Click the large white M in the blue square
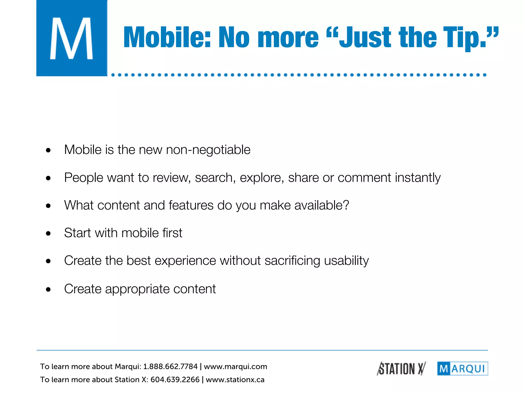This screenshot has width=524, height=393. click(71, 38)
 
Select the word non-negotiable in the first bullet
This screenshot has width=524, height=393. click(208, 150)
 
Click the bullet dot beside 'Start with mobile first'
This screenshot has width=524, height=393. click(48, 233)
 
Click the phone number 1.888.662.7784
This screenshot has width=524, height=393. click(170, 367)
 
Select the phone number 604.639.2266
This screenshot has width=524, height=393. click(175, 380)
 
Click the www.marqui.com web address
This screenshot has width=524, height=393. click(235, 367)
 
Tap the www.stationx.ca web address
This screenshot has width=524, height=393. click(235, 380)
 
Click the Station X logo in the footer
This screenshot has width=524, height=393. click(401, 369)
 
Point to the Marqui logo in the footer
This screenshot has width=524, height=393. click(463, 369)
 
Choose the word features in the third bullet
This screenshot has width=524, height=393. click(191, 205)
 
